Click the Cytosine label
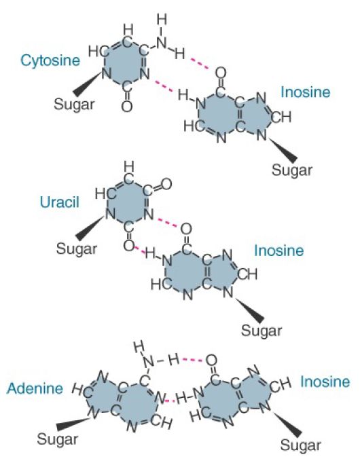point(50,60)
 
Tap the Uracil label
point(60,202)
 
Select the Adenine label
point(35,388)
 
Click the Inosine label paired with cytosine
point(305,92)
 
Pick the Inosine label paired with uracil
point(278,251)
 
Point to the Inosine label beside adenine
point(325,382)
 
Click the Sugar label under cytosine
point(74,105)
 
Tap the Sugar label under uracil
point(77,248)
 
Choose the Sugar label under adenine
point(57,439)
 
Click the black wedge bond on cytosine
point(87,85)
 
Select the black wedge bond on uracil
point(89,229)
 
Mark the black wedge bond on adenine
point(73,424)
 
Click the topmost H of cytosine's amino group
point(162,20)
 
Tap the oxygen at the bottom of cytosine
point(127,106)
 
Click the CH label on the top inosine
point(281,117)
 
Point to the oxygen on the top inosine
point(221,73)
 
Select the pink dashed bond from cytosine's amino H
point(200,64)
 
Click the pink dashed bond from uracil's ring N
point(167,222)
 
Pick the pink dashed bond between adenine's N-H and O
point(193,360)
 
